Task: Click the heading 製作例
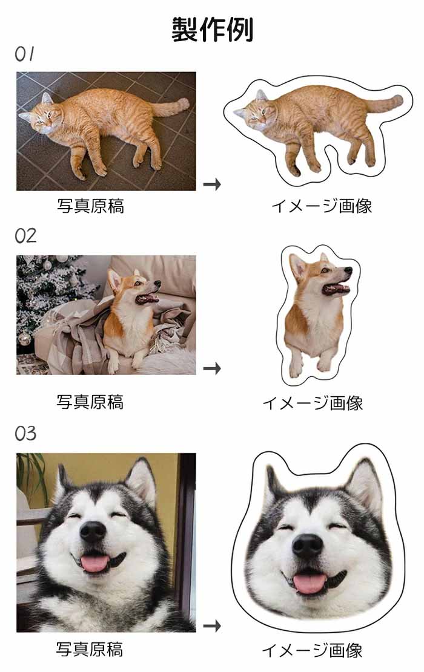pyautogui.click(x=213, y=30)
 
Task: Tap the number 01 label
pyautogui.click(x=24, y=54)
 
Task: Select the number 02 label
pyautogui.click(x=26, y=236)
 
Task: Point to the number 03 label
pyautogui.click(x=26, y=433)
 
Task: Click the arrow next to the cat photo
pyautogui.click(x=212, y=184)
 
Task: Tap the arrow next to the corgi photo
pyautogui.click(x=212, y=368)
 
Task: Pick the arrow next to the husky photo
pyautogui.click(x=212, y=626)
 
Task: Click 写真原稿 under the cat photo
pyautogui.click(x=90, y=206)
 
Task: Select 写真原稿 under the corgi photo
pyautogui.click(x=90, y=402)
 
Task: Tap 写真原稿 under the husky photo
pyautogui.click(x=90, y=649)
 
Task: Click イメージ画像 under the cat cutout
pyautogui.click(x=322, y=206)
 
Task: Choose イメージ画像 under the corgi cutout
pyautogui.click(x=313, y=402)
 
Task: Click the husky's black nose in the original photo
pyautogui.click(x=93, y=532)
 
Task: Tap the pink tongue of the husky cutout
pyautogui.click(x=310, y=583)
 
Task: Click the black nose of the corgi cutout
pyautogui.click(x=348, y=270)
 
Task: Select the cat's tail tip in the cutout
pyautogui.click(x=399, y=100)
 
